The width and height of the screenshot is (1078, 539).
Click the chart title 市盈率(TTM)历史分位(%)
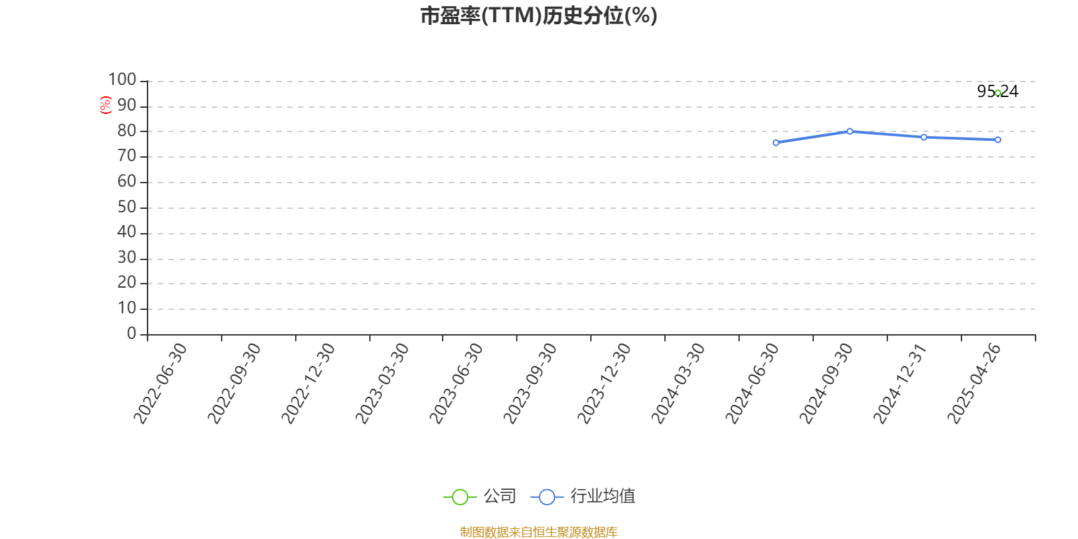538,15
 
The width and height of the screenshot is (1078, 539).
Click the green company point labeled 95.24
998,93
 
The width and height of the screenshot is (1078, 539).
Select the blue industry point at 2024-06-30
775,142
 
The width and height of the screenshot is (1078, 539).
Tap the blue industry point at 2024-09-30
850,131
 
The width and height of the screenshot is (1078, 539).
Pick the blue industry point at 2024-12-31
924,137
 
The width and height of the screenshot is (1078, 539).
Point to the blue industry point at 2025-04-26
998,139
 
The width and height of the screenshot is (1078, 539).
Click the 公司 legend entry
480,496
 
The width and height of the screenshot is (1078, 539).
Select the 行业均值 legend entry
583,496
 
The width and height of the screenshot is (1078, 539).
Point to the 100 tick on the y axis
122,80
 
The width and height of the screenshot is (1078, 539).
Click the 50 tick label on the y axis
127,207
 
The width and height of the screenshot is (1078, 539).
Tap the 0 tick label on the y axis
131,333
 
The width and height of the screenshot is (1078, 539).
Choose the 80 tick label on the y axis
127,131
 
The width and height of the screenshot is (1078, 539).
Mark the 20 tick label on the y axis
127,282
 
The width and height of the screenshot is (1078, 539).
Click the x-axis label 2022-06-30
160,383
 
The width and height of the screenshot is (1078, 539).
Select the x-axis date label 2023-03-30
381,383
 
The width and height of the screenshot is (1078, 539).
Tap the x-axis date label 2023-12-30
604,383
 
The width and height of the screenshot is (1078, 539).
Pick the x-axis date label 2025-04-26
974,383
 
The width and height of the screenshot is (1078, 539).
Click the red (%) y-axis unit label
105,105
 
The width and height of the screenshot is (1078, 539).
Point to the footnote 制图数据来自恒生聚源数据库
538,532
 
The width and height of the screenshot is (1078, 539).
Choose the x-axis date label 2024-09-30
826,383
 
